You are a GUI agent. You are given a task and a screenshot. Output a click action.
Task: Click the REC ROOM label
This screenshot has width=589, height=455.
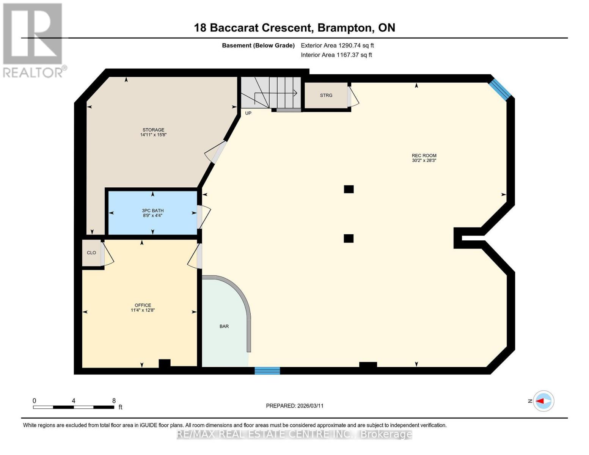click(424, 155)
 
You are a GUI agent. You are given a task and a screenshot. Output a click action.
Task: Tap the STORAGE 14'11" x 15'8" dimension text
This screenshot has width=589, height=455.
click(153, 135)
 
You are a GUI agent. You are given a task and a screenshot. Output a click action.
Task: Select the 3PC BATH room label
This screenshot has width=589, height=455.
click(152, 210)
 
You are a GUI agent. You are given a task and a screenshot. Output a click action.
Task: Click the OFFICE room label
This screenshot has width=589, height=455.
click(143, 305)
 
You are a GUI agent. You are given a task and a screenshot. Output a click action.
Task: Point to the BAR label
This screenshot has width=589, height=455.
click(224, 326)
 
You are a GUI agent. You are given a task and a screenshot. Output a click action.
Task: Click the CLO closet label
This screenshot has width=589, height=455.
click(91, 253)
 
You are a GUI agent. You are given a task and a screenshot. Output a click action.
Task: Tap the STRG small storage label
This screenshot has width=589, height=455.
click(326, 96)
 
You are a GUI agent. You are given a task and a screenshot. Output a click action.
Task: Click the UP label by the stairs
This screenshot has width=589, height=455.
click(248, 113)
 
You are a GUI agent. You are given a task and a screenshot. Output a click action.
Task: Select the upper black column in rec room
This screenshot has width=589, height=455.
click(349, 189)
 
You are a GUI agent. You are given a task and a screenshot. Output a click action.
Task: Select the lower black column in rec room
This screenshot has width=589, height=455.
click(349, 238)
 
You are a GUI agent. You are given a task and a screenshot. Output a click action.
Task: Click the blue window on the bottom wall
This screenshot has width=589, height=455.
click(267, 370)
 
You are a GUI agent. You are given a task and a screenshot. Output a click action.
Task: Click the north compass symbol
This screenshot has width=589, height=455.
click(543, 401)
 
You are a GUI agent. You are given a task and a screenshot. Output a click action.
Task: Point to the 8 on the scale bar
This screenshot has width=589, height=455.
click(114, 400)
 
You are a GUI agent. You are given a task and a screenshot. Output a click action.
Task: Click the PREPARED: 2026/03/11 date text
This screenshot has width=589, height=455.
click(294, 406)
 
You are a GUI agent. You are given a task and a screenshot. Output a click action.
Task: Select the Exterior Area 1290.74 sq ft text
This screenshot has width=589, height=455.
click(337, 45)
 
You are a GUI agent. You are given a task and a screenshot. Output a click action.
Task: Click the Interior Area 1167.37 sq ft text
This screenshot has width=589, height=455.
click(336, 55)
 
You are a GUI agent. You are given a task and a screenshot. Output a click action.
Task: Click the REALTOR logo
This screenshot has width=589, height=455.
click(33, 40)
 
